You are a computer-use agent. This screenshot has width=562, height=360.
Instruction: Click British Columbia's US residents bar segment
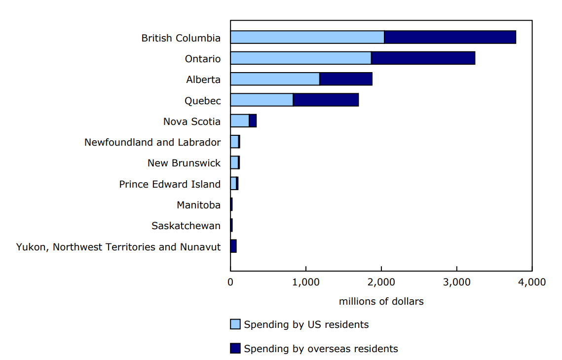307,37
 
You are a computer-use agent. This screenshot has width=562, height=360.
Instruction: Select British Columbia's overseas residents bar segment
450,37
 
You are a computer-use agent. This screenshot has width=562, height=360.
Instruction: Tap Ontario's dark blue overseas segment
423,58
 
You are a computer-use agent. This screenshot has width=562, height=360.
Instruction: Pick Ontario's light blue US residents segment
300,58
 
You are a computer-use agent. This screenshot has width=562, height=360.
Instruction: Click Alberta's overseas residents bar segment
346,79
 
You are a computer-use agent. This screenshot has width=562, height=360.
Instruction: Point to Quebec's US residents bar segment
262,100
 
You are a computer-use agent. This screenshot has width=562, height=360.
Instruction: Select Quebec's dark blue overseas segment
326,100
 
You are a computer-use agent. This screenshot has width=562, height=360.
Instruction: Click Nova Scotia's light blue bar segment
239,121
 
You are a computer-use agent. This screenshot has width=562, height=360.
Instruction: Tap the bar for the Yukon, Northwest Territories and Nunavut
233,246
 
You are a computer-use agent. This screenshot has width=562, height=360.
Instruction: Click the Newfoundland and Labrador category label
152,142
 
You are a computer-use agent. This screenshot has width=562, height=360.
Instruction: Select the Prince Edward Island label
170,184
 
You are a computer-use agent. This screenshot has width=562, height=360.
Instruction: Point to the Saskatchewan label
186,226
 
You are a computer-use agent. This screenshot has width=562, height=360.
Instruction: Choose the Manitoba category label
198,205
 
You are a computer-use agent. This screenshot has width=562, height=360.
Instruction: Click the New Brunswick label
184,163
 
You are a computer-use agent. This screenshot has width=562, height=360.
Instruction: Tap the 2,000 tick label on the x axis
381,282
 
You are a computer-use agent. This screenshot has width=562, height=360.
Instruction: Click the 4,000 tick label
532,282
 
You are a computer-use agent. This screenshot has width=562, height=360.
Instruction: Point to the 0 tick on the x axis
230,282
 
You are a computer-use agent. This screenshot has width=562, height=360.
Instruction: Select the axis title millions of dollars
381,301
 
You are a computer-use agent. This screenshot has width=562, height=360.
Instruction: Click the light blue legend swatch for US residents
235,324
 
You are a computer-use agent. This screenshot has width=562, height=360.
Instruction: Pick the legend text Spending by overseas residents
321,349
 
